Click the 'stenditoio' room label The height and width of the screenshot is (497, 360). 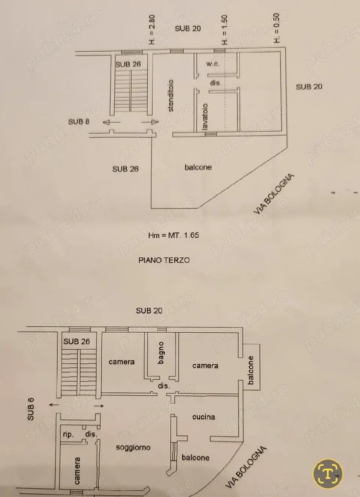point(171,96)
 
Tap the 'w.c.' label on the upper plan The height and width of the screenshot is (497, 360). point(213,64)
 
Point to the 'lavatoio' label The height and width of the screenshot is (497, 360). point(205,117)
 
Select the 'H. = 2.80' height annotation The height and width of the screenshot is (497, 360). point(152,30)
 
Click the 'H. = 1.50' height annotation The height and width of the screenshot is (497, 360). point(225,30)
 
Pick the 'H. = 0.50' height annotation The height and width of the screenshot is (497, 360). point(277,28)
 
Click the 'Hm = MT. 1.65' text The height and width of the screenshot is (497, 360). point(174,235)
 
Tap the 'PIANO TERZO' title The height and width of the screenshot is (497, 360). point(164,260)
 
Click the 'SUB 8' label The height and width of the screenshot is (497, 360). point(79,122)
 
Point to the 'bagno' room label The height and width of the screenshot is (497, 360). point(161,353)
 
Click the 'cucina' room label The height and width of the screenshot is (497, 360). point(204,417)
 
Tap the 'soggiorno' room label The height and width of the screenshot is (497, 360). point(133,447)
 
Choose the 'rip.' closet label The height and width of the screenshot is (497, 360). point(68,434)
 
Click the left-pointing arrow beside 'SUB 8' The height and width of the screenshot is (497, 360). point(112,122)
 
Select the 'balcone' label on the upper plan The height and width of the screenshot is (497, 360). point(198,167)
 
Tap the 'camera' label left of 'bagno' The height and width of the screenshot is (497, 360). point(121,362)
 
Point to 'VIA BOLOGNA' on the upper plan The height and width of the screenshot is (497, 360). point(274,194)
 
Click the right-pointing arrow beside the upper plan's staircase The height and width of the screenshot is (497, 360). point(150,122)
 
